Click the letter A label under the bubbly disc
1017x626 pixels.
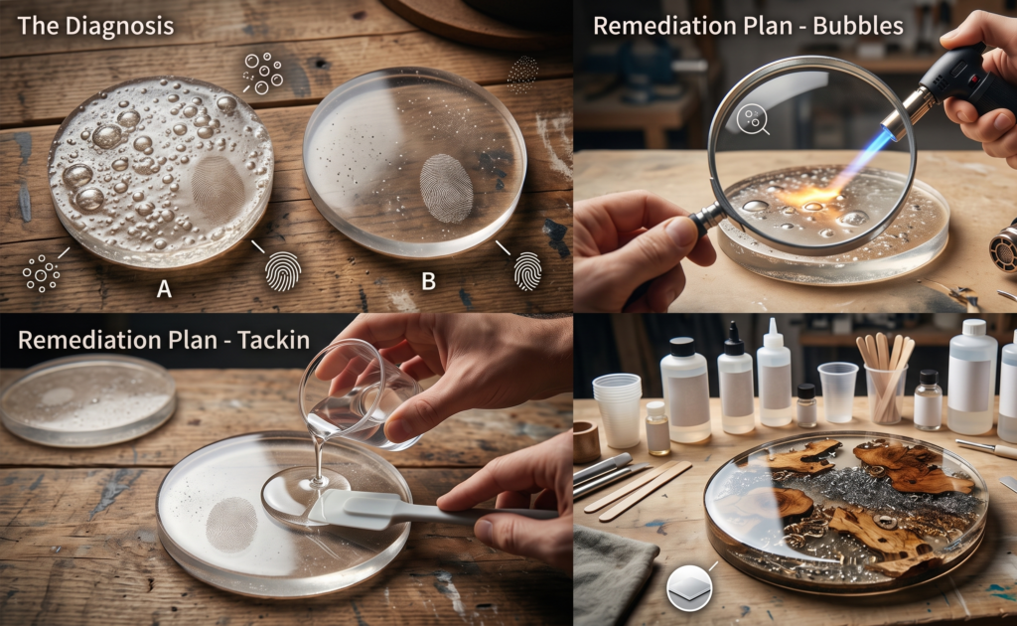pos(164,288)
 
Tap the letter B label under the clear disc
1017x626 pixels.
pos(428,281)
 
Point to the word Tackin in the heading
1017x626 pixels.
pos(273,340)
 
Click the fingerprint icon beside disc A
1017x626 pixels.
pos(283,271)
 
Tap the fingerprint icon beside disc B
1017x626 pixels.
pos(528,270)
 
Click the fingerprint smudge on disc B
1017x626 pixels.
pos(446,188)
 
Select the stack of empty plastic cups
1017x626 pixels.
pos(617,410)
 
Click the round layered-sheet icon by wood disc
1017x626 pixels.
pos(689,587)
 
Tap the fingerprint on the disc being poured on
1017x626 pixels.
pos(231,525)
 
